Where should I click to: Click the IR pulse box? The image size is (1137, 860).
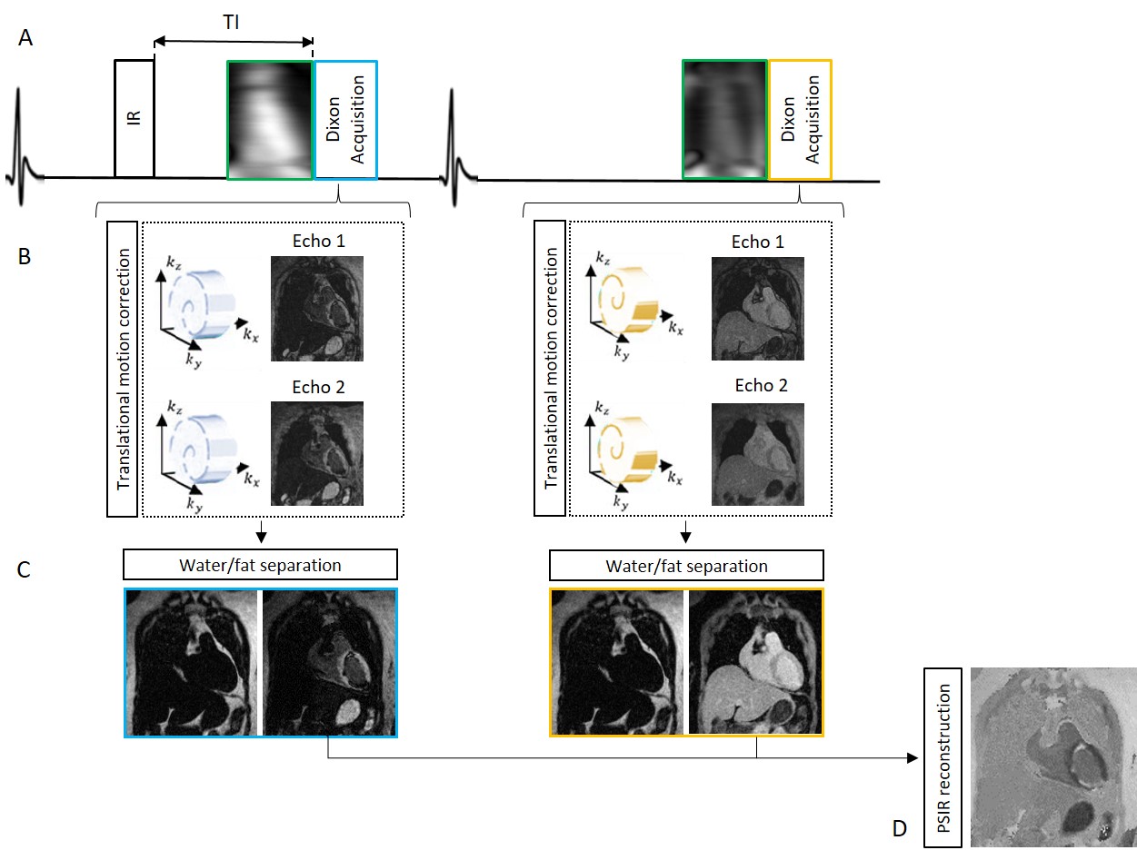135,118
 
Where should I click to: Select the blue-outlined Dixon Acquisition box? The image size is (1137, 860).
345,119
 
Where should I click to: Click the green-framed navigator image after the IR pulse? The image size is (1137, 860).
270,119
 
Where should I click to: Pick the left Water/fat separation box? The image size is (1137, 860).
260,565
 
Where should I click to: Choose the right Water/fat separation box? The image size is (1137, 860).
686,566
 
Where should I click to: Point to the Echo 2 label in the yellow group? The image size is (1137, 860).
762,386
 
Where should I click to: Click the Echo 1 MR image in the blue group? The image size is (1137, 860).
317,309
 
